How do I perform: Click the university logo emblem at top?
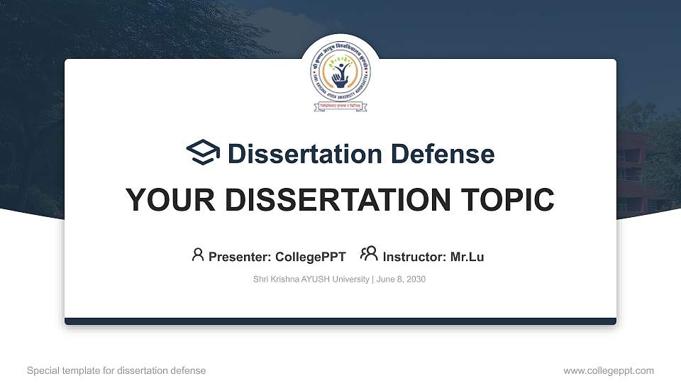tap(340, 73)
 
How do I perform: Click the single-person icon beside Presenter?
tap(198, 255)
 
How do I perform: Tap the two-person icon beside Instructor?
tap(369, 255)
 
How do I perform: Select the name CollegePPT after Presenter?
tap(310, 257)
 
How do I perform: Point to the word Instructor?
tap(414, 257)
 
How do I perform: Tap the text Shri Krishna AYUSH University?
tap(311, 279)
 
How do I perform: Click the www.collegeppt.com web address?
tap(609, 370)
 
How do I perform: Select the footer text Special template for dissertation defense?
tap(116, 370)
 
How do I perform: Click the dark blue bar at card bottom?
tap(340, 321)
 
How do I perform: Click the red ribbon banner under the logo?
tap(340, 106)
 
